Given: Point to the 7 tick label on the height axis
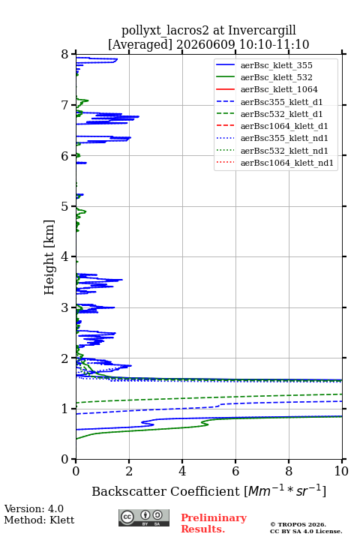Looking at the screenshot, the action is [65, 105].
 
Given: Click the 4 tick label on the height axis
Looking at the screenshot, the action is [65, 256].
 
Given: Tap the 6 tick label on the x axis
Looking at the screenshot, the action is [235, 471].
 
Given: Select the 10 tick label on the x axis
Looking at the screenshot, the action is [341, 471].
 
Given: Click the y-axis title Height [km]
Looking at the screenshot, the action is [49, 257].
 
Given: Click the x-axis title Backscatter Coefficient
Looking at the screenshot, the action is [165, 491].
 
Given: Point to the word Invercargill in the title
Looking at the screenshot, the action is [262, 31].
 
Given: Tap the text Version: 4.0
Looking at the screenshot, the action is [34, 508].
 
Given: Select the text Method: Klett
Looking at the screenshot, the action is [39, 520].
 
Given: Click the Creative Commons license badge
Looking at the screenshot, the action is [144, 517].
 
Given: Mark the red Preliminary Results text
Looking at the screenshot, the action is [214, 523].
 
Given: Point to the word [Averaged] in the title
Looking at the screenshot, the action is [139, 45].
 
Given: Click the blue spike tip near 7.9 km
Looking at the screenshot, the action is [118, 59].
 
